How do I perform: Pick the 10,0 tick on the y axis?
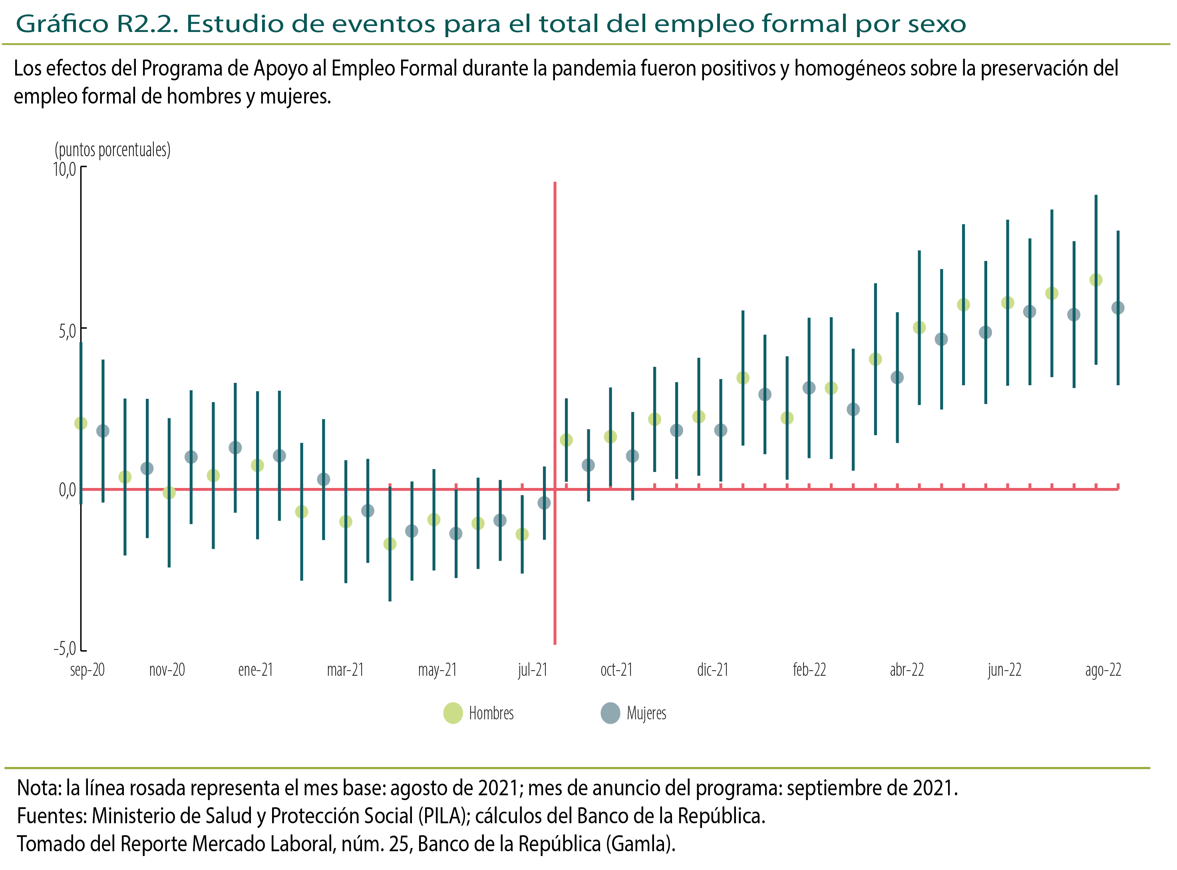tap(64, 169)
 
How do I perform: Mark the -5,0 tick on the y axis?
tap(64, 648)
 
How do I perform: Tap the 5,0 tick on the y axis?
tap(67, 331)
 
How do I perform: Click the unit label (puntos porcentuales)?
tap(113, 150)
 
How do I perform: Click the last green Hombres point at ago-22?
tap(1096, 280)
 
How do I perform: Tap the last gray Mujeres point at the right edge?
tap(1118, 308)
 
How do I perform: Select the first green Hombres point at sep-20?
tap(81, 424)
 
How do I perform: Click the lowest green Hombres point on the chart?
tap(390, 544)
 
